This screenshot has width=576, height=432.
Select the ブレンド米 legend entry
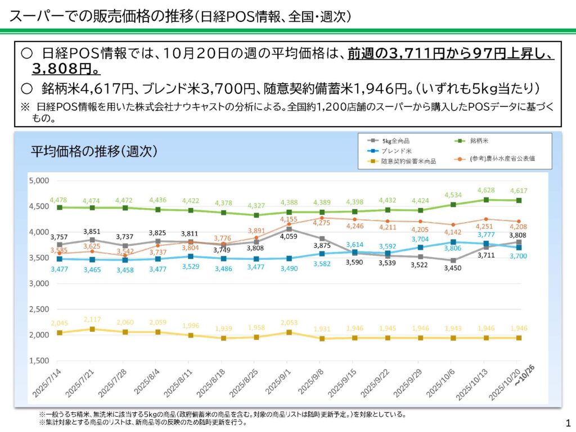pyautogui.click(x=397, y=151)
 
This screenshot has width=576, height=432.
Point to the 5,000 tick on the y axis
pyautogui.click(x=38, y=181)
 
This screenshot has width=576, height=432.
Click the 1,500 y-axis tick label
pyautogui.click(x=38, y=361)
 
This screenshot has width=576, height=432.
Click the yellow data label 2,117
pyautogui.click(x=92, y=320)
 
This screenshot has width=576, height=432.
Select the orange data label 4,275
pyautogui.click(x=321, y=223)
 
